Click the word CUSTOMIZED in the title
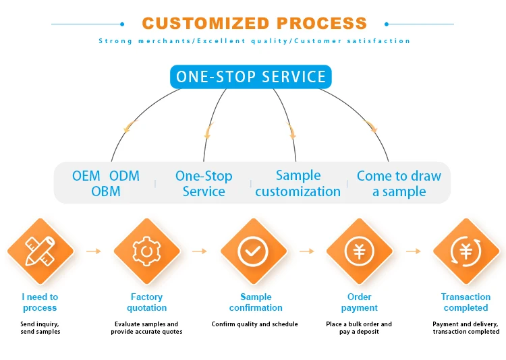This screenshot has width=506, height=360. click(206, 23)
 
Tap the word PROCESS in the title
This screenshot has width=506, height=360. click(322, 23)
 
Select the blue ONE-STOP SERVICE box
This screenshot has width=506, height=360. click(251, 77)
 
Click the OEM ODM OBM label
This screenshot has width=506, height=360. click(106, 183)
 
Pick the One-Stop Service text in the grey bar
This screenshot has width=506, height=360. click(204, 183)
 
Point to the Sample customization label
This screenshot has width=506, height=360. click(298, 183)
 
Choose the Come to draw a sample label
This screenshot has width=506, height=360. click(399, 183)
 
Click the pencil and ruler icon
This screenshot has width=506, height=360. click(40, 251)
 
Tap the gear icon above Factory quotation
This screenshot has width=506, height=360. click(146, 251)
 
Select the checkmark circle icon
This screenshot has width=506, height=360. click(253, 251)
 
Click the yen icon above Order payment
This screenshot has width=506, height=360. click(359, 251)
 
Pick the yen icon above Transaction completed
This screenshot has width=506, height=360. click(466, 251)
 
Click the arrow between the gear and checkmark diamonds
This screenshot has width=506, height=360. click(200, 251)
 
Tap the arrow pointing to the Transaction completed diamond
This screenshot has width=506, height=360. click(414, 251)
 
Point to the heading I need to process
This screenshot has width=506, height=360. click(40, 302)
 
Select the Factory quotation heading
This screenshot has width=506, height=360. click(147, 302)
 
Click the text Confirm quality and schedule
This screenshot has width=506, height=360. click(254, 324)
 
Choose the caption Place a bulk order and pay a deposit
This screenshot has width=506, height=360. click(359, 328)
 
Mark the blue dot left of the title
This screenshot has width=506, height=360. click(122, 24)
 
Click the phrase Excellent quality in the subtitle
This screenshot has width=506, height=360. click(242, 41)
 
